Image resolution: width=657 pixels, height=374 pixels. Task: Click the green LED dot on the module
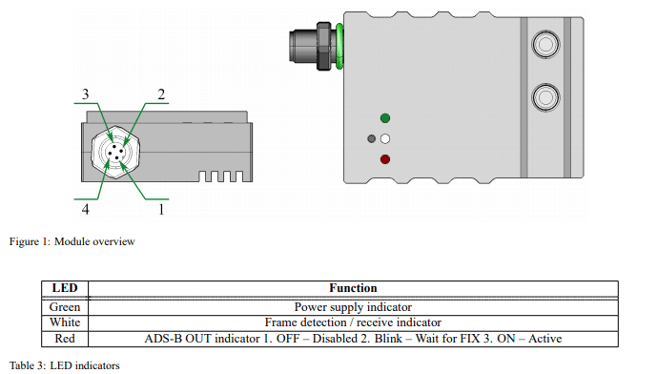[385, 118]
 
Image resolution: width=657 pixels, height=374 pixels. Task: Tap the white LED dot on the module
[385, 138]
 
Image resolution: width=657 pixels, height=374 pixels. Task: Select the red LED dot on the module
[385, 159]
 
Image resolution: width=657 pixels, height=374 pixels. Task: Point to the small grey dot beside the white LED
[371, 138]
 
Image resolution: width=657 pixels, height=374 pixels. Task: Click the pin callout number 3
[86, 94]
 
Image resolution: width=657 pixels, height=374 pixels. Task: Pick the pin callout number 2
[161, 94]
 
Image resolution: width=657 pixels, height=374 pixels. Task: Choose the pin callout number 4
[86, 208]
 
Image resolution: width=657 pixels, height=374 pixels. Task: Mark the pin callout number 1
[161, 209]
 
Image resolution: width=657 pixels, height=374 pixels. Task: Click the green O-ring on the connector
[339, 46]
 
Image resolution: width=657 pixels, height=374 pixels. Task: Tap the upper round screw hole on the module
[545, 44]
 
